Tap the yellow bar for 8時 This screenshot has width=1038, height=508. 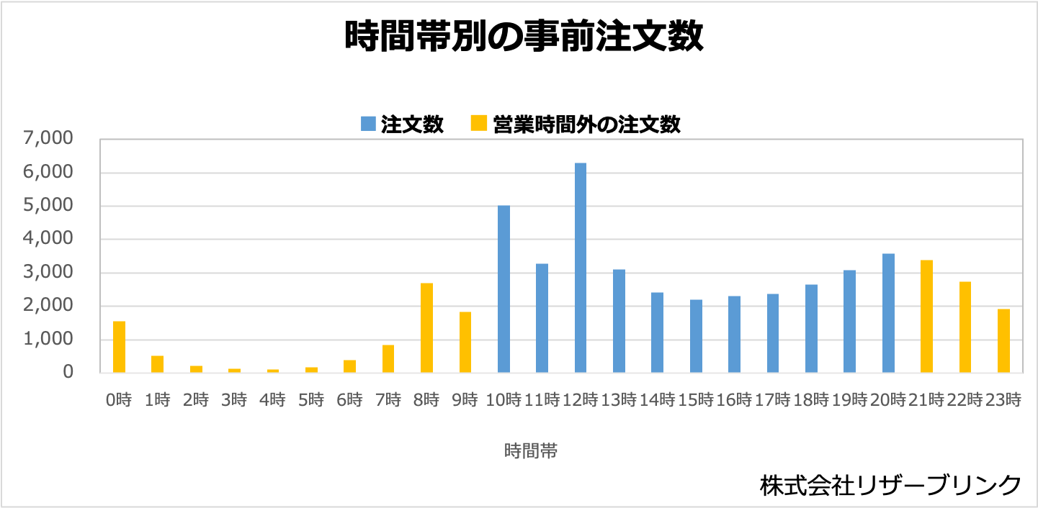426,328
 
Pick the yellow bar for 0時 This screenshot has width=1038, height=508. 119,347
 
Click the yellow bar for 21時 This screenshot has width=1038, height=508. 926,317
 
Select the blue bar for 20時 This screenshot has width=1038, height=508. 888,313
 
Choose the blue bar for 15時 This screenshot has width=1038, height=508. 696,336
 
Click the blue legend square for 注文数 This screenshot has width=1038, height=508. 368,124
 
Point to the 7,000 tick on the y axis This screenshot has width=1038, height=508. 48,139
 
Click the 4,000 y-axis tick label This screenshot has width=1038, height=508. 48,239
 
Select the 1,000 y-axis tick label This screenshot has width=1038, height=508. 48,339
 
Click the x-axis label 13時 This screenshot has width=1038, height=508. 619,400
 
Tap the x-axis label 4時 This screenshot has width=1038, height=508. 272,400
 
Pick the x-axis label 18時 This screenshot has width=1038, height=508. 811,400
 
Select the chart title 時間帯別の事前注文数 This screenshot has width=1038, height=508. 524,37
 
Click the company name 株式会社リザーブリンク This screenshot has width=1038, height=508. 890,484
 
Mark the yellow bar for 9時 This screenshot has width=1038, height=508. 465,343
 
